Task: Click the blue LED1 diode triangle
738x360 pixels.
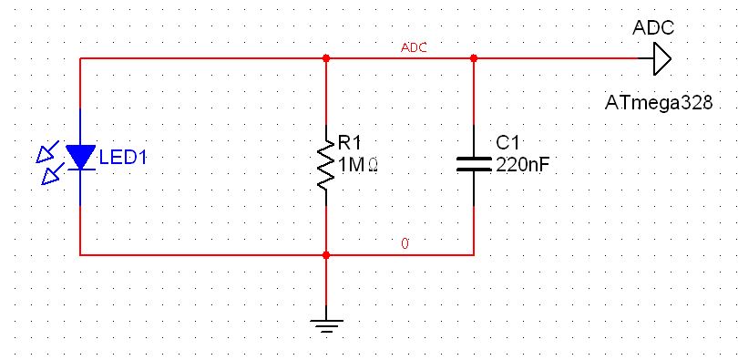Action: (81, 158)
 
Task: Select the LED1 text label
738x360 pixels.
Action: (122, 158)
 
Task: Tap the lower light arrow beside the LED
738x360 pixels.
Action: (49, 173)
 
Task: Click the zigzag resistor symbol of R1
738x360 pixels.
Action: (325, 164)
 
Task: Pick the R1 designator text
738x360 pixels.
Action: (350, 142)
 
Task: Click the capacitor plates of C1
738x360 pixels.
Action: (473, 162)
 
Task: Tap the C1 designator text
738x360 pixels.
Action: (507, 143)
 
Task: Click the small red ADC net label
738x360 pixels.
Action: (414, 47)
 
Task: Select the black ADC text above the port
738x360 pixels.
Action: (652, 27)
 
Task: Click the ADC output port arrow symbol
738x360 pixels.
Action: (661, 59)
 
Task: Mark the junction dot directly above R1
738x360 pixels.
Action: (325, 58)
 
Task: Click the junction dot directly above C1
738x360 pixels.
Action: (473, 58)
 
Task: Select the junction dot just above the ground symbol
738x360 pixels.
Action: (325, 255)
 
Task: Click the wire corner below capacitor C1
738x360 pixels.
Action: (473, 255)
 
